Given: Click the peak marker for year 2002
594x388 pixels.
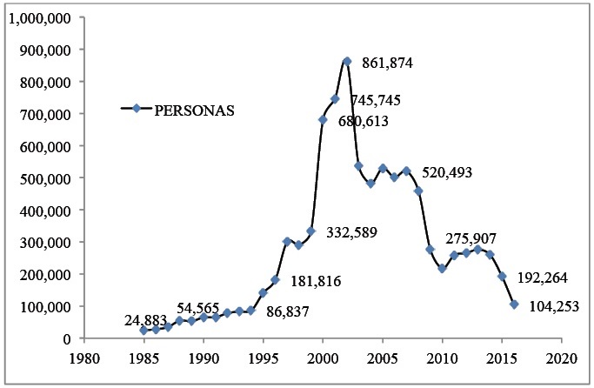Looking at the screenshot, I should tap(347, 61).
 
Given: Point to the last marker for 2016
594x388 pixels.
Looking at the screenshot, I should tap(514, 304).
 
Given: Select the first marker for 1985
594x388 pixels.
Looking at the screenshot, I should tap(143, 330).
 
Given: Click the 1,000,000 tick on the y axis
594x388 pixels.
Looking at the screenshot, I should tap(40, 17).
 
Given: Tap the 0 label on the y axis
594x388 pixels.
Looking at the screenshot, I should tap(69, 338).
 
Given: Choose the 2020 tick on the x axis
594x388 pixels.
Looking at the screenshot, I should tap(562, 358).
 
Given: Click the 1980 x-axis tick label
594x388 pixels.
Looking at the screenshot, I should tap(83, 358).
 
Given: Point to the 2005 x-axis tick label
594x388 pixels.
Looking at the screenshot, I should tap(383, 358).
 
